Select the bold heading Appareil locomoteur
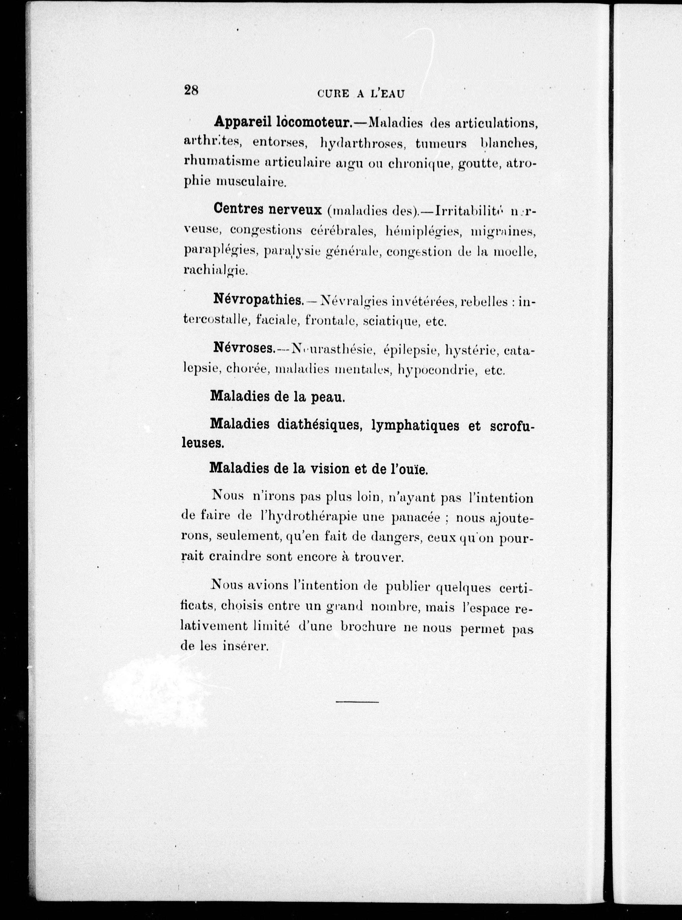click(282, 122)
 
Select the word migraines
click(503, 232)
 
